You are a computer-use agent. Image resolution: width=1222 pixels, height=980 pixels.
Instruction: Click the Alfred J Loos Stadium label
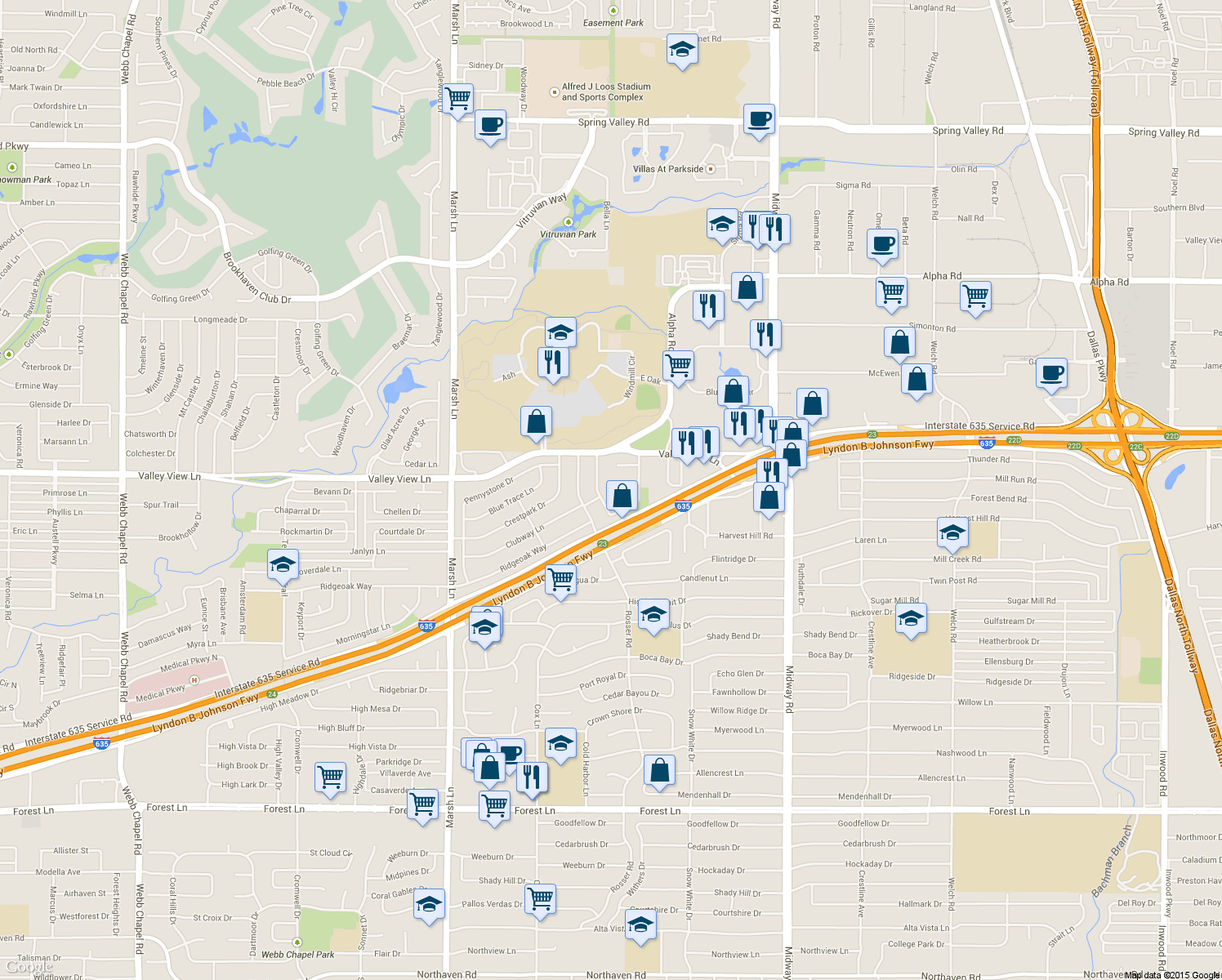click(606, 91)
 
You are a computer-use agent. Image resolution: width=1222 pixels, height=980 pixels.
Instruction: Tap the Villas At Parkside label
click(667, 169)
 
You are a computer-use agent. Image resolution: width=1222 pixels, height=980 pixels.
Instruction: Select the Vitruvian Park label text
click(568, 234)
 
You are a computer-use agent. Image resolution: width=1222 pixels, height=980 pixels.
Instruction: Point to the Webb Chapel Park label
click(297, 954)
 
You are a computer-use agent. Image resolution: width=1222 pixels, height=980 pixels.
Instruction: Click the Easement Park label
click(613, 23)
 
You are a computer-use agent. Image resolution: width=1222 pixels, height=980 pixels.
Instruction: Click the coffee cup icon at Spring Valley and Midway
click(759, 119)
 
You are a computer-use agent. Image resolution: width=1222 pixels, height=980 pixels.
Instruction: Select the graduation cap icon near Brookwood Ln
click(682, 50)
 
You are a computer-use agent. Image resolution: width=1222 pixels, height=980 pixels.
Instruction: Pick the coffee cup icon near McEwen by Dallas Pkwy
click(1052, 373)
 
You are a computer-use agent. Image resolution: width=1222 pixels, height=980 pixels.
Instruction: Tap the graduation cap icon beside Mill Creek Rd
click(952, 533)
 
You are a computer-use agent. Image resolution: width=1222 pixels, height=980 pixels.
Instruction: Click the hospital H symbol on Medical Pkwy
click(194, 680)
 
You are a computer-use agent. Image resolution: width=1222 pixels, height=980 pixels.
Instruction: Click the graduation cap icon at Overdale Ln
click(283, 564)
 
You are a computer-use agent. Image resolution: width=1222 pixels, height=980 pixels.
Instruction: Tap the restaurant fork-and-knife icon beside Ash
click(553, 362)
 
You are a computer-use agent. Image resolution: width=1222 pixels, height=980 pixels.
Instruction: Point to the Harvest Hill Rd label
click(745, 536)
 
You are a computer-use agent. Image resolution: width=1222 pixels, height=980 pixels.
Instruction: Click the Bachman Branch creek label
click(1112, 862)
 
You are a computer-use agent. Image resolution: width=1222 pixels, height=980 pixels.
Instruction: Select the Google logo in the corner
click(29, 967)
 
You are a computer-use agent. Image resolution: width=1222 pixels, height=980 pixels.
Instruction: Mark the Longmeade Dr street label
click(221, 319)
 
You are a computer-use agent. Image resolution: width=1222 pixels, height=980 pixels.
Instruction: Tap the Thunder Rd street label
click(988, 459)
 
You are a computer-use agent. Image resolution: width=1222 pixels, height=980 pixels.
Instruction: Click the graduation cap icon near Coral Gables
click(429, 905)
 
